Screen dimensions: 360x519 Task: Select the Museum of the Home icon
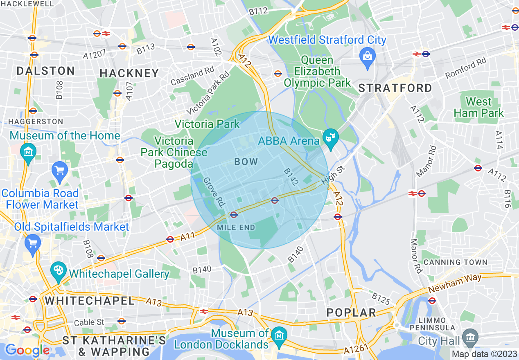(28, 152)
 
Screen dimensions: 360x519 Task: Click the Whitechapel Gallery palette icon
(59, 270)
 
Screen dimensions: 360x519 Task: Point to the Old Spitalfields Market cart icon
(32, 242)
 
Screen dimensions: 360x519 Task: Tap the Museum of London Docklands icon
(279, 335)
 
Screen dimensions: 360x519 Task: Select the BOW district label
(246, 162)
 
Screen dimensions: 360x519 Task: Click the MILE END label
(236, 227)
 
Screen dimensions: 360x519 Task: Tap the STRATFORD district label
(395, 88)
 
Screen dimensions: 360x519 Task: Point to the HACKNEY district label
(129, 73)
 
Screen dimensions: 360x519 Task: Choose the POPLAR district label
(351, 313)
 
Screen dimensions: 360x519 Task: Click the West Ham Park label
(479, 107)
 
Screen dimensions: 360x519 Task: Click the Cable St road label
(90, 322)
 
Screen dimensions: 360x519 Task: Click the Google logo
(27, 350)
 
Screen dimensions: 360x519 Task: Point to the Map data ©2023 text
(483, 354)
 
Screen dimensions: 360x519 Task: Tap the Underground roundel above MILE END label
(234, 214)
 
